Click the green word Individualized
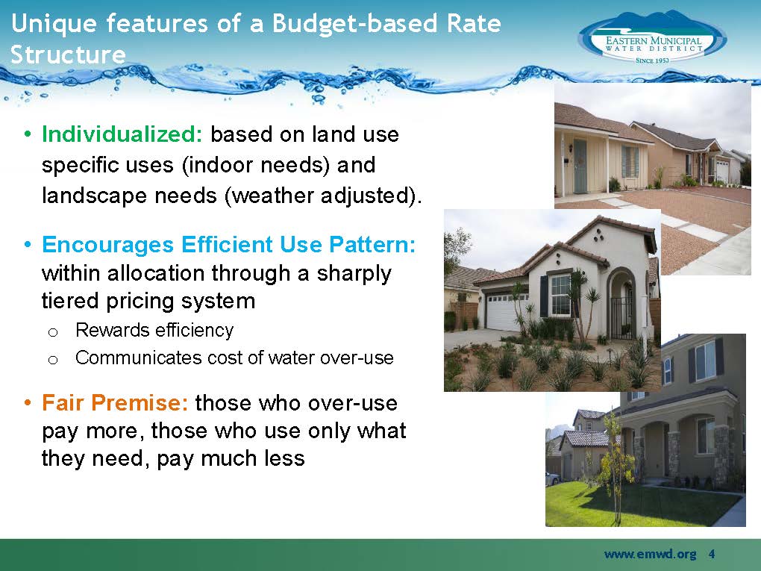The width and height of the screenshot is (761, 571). pyautogui.click(x=122, y=134)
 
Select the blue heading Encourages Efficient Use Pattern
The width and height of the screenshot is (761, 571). pyautogui.click(x=228, y=244)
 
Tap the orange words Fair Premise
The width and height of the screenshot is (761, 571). pyautogui.click(x=115, y=402)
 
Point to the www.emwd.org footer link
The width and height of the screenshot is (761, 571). pyautogui.click(x=650, y=554)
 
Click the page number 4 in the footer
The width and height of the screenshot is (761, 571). pyautogui.click(x=712, y=554)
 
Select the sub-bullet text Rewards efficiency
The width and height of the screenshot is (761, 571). pyautogui.click(x=154, y=330)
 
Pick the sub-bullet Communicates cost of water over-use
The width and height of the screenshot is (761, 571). pyautogui.click(x=234, y=358)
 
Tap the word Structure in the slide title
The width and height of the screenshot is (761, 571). pyautogui.click(x=68, y=54)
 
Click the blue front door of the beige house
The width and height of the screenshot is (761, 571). pyautogui.click(x=580, y=166)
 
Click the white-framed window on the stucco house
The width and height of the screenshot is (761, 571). pyautogui.click(x=560, y=295)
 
